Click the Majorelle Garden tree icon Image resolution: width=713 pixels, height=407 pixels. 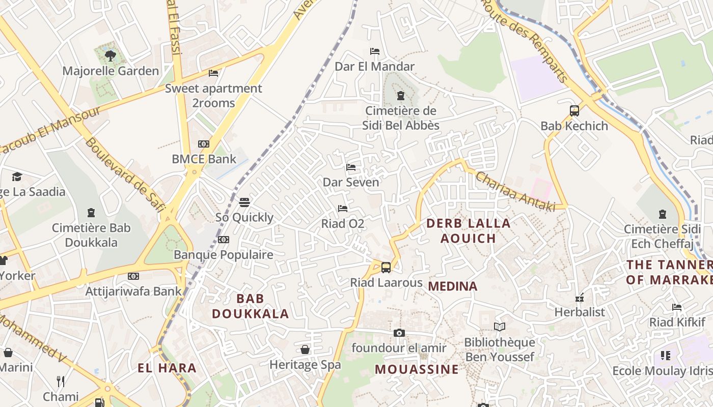coord(110,55)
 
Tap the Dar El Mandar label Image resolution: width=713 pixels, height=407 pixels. coord(374,66)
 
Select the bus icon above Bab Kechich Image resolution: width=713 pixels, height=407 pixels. coord(574,110)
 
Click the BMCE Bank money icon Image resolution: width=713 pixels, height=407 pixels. coord(204,144)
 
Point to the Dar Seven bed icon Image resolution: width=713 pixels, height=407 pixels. coord(351,167)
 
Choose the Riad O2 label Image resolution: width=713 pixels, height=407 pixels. coord(342,223)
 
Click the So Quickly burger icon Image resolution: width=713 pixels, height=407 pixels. coord(244,202)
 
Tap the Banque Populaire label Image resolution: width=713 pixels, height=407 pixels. coord(224,254)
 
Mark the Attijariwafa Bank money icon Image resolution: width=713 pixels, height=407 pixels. coord(133,276)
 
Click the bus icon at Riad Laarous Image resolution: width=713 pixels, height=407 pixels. coord(386,267)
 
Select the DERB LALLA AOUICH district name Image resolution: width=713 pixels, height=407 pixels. coord(468,230)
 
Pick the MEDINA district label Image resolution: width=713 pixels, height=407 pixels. coord(453,286)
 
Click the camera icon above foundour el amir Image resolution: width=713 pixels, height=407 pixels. coord(399,333)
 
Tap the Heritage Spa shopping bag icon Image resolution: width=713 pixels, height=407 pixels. coord(305,350)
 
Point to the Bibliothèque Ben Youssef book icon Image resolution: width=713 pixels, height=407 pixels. coord(500,327)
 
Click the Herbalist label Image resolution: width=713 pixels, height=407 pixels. coord(580,312)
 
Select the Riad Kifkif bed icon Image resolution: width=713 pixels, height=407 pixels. coord(677,307)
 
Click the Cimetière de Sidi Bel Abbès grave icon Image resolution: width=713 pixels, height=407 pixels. coord(401,95)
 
